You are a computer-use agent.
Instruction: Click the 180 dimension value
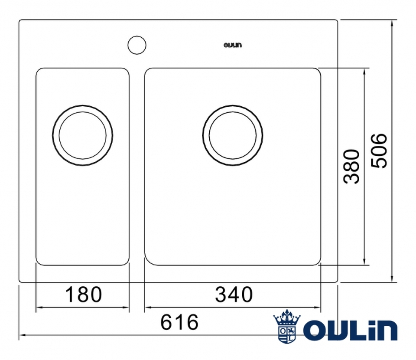click(x=83, y=295)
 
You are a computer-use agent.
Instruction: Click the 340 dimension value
click(x=234, y=295)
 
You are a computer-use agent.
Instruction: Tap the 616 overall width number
click(x=179, y=322)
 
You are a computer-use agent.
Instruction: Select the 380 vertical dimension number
click(x=351, y=167)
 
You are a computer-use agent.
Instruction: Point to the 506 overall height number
click(x=379, y=151)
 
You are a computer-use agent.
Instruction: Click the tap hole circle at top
click(x=136, y=45)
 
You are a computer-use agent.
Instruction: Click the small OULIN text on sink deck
click(x=233, y=45)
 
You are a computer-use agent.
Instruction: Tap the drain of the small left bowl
click(x=82, y=135)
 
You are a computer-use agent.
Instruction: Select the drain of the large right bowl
click(x=233, y=135)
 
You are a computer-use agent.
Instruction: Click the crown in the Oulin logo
click(x=287, y=317)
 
